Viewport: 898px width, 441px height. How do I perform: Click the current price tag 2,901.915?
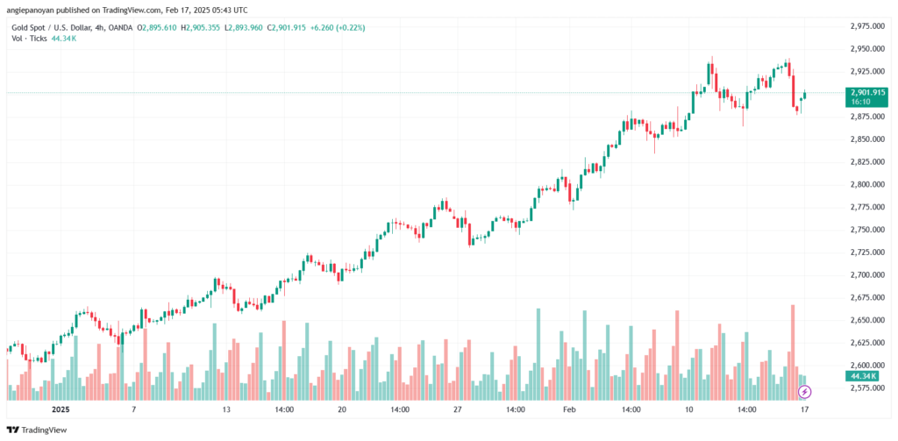click(x=866, y=92)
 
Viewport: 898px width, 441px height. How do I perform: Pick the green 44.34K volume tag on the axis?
click(x=862, y=376)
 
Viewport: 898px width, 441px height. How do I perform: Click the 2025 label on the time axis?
click(x=60, y=409)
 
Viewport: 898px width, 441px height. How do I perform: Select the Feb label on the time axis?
click(x=570, y=409)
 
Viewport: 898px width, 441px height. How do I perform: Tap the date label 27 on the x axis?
click(x=457, y=409)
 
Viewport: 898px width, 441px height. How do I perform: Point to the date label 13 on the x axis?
click(x=226, y=409)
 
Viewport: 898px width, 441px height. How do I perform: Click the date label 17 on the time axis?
click(x=804, y=409)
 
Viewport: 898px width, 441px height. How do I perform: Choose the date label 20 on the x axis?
click(x=342, y=409)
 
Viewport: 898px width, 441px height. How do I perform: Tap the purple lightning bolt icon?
click(x=805, y=390)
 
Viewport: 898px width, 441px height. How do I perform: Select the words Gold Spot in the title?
click(x=30, y=28)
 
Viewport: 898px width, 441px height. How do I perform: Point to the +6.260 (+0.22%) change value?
click(x=337, y=28)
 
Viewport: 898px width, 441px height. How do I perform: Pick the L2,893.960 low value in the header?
click(x=248, y=28)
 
